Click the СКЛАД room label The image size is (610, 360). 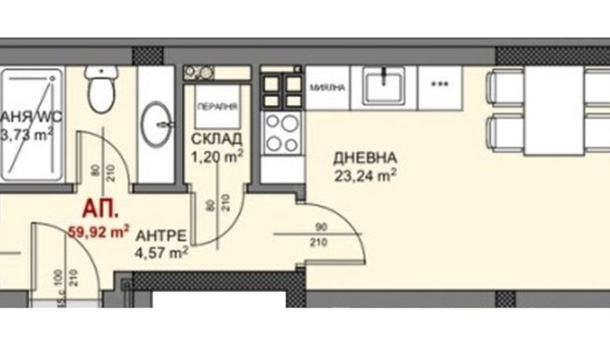click(x=216, y=139)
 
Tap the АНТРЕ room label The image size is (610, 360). click(x=160, y=235)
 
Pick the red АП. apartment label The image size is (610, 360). click(x=99, y=210)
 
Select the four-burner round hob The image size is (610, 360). click(x=282, y=131)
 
